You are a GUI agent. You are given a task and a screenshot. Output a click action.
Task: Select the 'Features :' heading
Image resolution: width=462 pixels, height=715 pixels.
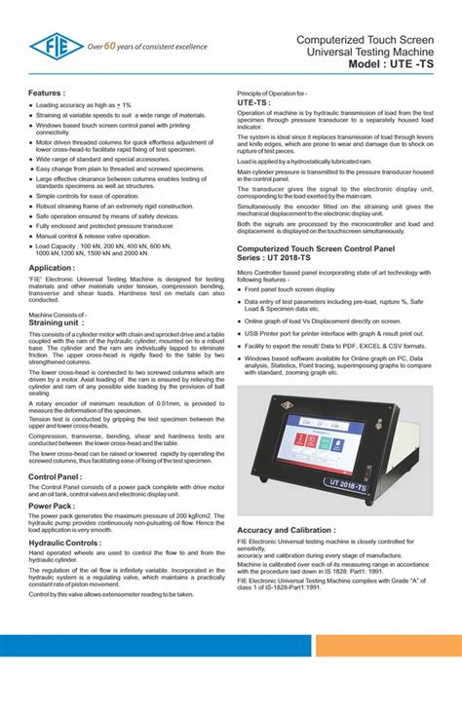(x=49, y=93)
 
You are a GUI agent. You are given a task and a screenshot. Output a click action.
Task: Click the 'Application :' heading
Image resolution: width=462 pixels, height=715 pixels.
(x=52, y=267)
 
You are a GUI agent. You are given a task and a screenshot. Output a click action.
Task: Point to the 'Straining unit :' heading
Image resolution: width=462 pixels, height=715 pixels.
(x=57, y=323)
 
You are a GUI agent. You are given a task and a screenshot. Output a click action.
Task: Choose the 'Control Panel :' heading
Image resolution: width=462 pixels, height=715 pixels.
(x=55, y=477)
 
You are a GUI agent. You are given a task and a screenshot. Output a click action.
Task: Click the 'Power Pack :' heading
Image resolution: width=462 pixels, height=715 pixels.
(x=51, y=507)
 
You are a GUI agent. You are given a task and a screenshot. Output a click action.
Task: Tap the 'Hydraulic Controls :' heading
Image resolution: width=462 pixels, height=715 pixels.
(x=64, y=542)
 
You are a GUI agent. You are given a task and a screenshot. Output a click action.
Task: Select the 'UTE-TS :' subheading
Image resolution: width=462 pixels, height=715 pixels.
(x=254, y=101)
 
